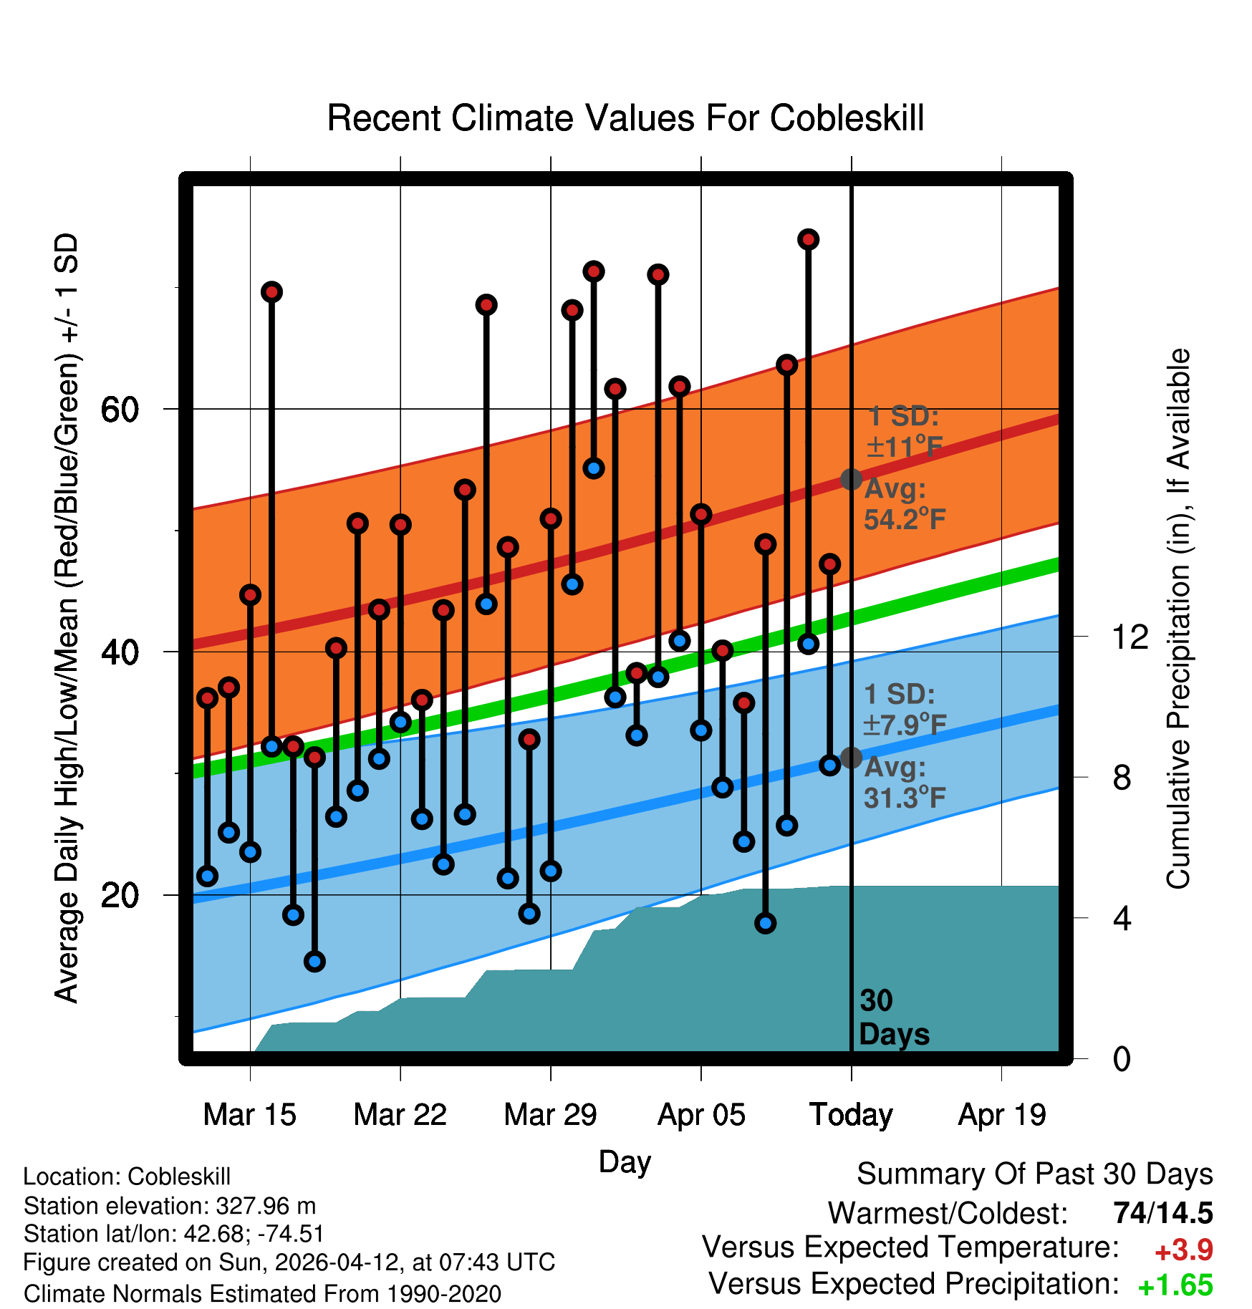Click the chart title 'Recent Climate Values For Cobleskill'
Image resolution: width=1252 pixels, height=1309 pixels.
click(x=625, y=118)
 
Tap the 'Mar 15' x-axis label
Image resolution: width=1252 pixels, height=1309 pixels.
click(x=249, y=1114)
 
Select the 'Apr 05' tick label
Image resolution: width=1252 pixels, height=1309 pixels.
click(x=701, y=1115)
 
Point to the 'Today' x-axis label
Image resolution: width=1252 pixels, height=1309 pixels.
click(x=851, y=1116)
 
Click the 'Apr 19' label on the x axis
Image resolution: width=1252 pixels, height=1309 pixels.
click(x=1002, y=1115)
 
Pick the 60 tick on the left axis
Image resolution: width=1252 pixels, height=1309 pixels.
click(x=120, y=410)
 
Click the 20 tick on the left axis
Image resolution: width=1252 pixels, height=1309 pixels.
click(x=120, y=895)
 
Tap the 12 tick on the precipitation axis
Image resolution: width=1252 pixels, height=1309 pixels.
click(x=1130, y=637)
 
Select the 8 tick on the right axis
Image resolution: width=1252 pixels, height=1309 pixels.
click(x=1122, y=777)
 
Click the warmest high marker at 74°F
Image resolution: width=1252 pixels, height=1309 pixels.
click(x=809, y=239)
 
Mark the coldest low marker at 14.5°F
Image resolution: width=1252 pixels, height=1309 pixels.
click(x=314, y=961)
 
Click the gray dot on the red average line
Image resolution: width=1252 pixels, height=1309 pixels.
click(x=851, y=479)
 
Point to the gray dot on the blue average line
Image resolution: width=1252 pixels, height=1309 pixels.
click(x=851, y=757)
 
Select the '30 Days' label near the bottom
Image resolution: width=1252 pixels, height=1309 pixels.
click(x=894, y=1018)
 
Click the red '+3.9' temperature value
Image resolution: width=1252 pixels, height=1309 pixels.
click(x=1184, y=1250)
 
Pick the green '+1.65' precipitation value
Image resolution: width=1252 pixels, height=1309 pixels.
click(x=1175, y=1286)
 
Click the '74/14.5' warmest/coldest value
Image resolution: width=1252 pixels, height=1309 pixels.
click(x=1163, y=1213)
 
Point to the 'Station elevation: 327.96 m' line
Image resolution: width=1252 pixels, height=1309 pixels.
click(x=170, y=1206)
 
